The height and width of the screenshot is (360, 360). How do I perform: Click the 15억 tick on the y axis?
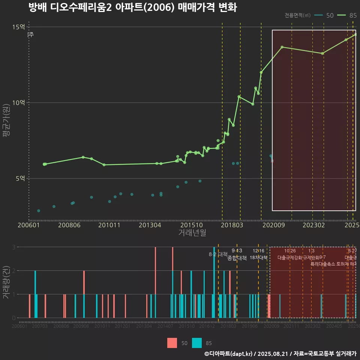click(x=18, y=27)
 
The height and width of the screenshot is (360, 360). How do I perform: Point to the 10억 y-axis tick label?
click(x=18, y=103)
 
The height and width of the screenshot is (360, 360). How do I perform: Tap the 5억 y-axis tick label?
click(x=20, y=178)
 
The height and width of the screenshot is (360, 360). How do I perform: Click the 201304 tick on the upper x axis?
click(x=150, y=225)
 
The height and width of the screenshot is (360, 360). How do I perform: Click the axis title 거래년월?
click(x=192, y=233)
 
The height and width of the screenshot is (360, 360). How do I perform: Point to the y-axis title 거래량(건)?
click(x=7, y=282)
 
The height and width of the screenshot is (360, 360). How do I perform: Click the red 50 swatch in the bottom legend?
click(x=172, y=343)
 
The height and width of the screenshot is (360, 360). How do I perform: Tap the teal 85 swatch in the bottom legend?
click(x=197, y=343)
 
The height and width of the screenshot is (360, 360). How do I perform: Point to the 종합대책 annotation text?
click(x=237, y=258)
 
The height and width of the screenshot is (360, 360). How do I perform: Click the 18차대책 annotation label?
click(x=258, y=258)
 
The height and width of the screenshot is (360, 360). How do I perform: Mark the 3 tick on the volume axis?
click(x=14, y=247)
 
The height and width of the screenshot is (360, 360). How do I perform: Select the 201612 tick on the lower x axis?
click(x=207, y=327)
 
